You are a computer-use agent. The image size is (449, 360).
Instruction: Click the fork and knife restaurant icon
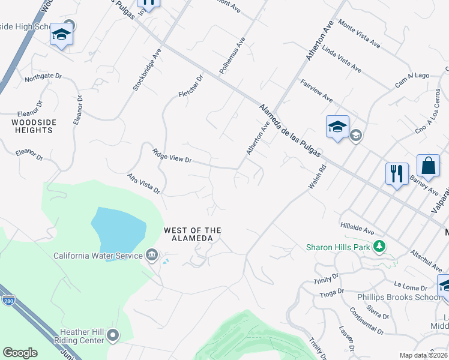pos(397,174)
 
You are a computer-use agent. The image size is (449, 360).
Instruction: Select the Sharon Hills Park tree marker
pos(379,247)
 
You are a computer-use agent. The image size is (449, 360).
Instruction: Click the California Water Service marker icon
pos(152,256)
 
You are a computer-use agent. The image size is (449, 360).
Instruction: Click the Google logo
pos(20,353)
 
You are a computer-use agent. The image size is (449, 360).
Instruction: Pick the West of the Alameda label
pos(193,234)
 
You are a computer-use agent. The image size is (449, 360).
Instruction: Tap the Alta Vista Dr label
pos(144,184)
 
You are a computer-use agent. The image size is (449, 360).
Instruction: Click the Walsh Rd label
pos(316,178)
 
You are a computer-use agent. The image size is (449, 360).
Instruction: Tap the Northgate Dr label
pos(43,77)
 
